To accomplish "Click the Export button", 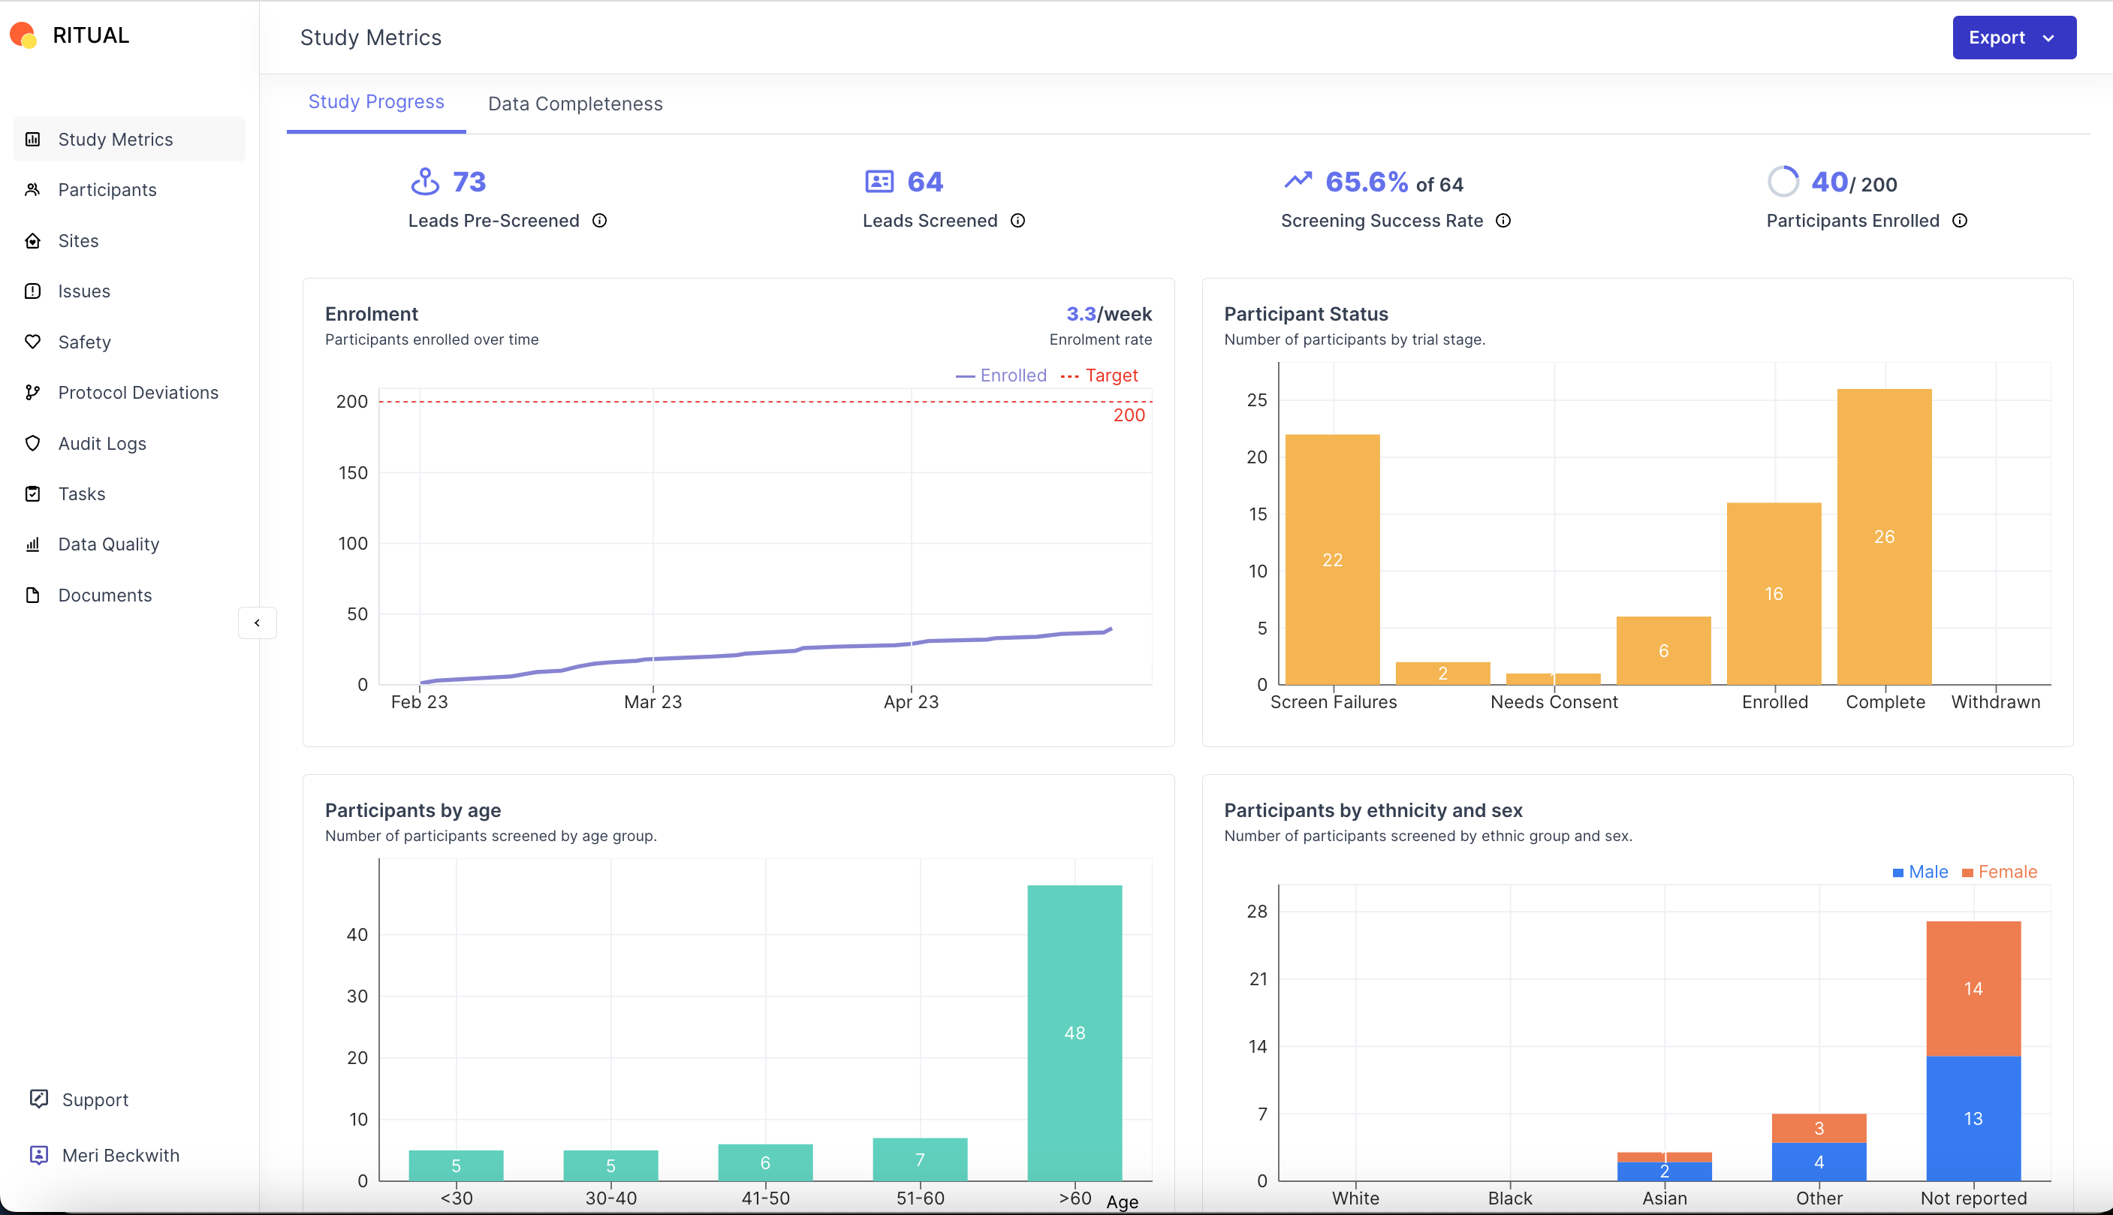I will (2013, 38).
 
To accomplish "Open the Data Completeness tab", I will (574, 104).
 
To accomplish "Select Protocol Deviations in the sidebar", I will (137, 392).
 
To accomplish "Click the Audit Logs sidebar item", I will (102, 443).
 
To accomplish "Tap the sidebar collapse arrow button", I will (257, 623).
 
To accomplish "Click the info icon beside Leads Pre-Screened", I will (599, 220).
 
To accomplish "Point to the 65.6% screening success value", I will (1366, 182).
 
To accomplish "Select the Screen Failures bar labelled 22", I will (1332, 559).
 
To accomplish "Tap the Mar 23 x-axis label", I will (653, 702).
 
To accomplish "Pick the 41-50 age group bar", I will (765, 1162).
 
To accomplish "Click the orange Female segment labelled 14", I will (1973, 988).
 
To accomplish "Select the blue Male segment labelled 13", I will (1973, 1118).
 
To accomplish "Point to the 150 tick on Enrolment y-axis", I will (352, 472).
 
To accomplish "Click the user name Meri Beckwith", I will (120, 1155).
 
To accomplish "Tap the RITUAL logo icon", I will (23, 35).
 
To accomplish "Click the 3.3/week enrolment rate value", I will (1108, 314).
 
